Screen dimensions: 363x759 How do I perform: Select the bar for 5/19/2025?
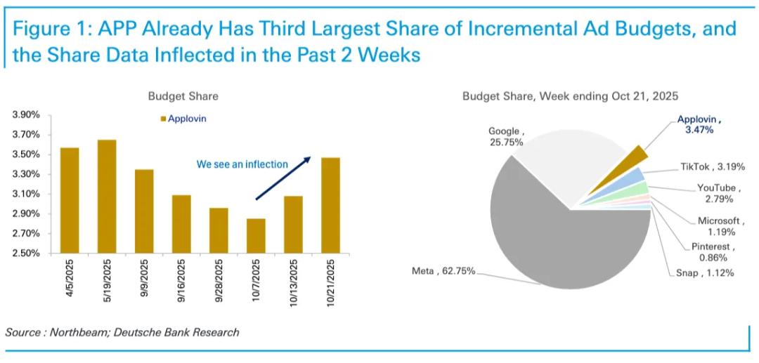pos(107,197)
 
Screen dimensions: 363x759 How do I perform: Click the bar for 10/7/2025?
pos(256,236)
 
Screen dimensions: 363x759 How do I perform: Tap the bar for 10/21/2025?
pos(330,205)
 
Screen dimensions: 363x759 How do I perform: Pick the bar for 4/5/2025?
pos(70,200)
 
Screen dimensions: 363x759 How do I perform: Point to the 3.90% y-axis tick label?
pos(26,115)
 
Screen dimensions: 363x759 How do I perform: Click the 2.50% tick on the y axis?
pos(26,253)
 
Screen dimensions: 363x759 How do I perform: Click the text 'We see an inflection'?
pos(242,164)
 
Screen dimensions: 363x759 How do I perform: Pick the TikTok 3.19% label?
pos(711,167)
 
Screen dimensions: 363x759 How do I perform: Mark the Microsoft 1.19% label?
pos(716,225)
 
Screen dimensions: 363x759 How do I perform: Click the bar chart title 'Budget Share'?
pos(183,96)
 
